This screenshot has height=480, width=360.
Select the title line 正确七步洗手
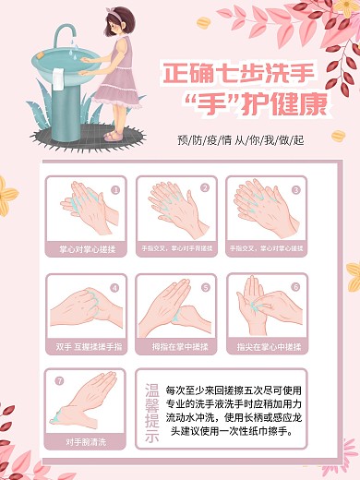pos(238,73)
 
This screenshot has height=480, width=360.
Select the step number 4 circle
pos(115,286)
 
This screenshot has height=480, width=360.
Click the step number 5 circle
pos(206,286)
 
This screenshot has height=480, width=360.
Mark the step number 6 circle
pos(295,286)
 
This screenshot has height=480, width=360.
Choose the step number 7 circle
pos(60,379)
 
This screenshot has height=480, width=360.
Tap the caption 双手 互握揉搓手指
pos(88,347)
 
